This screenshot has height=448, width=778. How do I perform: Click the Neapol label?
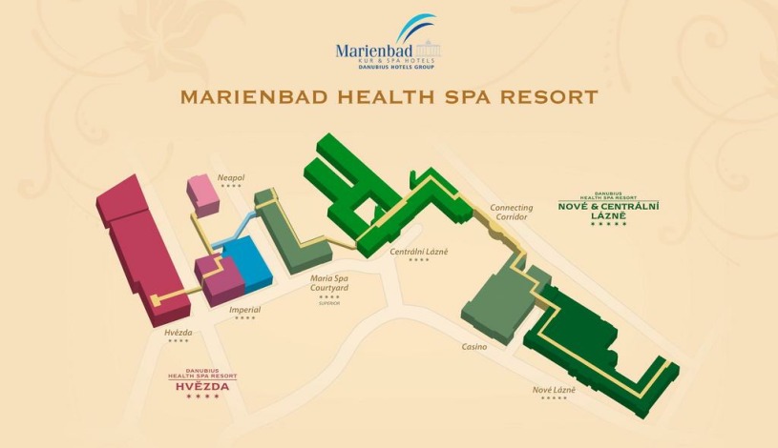click(231, 178)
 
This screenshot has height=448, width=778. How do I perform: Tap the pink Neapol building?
click(203, 193)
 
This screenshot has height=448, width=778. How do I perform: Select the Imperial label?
click(244, 310)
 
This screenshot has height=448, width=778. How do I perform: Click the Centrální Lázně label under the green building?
click(418, 252)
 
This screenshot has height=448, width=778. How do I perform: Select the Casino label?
click(473, 347)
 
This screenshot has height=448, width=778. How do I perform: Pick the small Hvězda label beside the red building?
click(179, 333)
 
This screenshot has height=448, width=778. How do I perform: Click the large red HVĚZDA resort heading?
click(202, 386)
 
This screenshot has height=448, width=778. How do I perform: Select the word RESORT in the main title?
click(551, 97)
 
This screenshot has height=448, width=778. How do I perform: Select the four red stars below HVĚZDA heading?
click(202, 397)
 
